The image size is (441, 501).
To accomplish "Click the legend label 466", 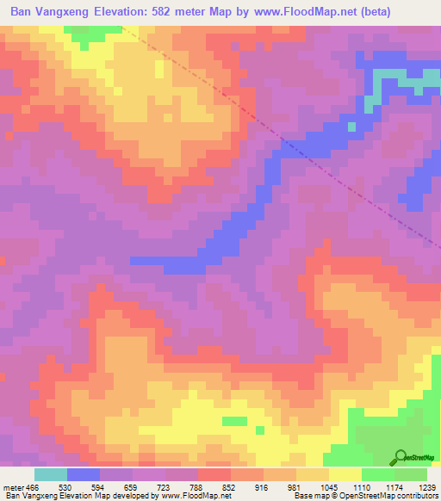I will (34, 486).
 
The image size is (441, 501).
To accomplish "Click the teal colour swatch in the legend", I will (50, 474).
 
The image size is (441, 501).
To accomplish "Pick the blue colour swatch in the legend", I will (83, 474).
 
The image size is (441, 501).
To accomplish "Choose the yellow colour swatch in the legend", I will (345, 474).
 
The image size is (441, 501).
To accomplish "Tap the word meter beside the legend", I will (13, 486).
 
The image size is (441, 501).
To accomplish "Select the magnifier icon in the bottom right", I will (401, 456).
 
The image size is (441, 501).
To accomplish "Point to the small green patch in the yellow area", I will (233, 421).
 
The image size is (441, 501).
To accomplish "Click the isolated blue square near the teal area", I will (351, 127).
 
